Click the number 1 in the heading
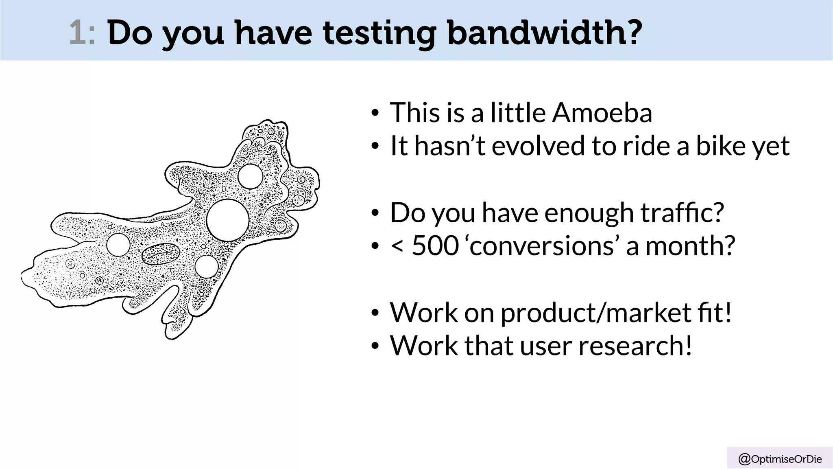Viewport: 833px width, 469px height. (77, 33)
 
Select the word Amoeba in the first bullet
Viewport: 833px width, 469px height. (602, 112)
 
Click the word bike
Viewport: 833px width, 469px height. (720, 146)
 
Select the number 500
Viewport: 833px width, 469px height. (435, 246)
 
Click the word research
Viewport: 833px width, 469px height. (635, 346)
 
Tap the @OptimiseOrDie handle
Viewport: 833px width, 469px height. (780, 459)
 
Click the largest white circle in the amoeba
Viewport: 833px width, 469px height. (227, 220)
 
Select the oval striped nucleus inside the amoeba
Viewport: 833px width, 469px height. (161, 254)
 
